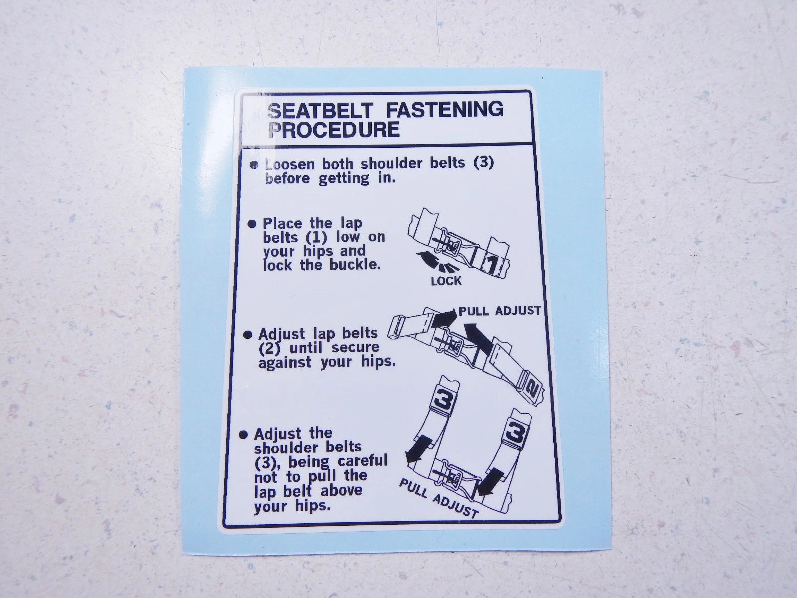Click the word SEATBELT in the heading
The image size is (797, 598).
point(321,110)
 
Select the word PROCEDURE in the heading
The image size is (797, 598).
point(334,130)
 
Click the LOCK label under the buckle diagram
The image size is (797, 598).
point(446,281)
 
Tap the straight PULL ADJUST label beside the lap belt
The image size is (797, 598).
point(500,311)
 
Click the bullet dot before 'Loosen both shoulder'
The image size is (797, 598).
point(254,165)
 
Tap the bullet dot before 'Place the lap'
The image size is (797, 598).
point(252,224)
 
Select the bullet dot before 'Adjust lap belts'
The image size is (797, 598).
point(247,335)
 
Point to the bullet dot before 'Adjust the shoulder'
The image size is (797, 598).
point(244,434)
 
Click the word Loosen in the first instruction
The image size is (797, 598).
point(290,164)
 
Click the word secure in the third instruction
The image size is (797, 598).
point(355,348)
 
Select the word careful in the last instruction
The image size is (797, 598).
point(362,461)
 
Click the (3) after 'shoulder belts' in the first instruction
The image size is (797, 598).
point(484,163)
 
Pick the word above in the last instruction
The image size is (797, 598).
point(341,490)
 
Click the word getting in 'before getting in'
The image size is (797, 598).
point(344,179)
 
